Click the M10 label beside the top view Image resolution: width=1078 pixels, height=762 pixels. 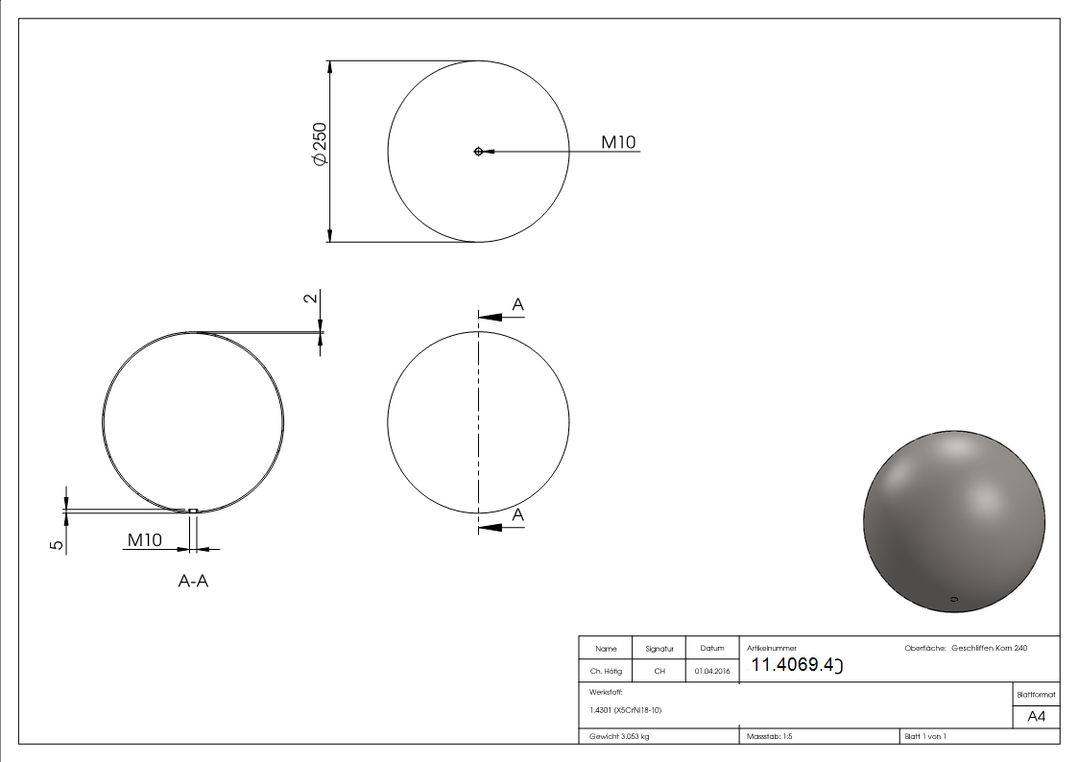pyautogui.click(x=618, y=142)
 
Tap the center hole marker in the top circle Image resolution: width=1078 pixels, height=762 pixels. pyautogui.click(x=478, y=152)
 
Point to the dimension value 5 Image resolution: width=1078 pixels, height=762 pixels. pyautogui.click(x=57, y=544)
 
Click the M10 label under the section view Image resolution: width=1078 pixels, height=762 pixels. pyautogui.click(x=145, y=540)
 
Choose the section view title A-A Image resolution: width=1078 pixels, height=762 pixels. pyautogui.click(x=193, y=582)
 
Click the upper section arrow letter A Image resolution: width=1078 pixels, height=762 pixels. pyautogui.click(x=517, y=304)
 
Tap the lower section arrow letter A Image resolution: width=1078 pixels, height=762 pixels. pyautogui.click(x=517, y=515)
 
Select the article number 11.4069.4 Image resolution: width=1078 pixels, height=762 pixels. pyautogui.click(x=796, y=665)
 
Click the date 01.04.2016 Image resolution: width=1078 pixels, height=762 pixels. pyautogui.click(x=711, y=671)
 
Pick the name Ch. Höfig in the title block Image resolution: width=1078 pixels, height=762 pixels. pyautogui.click(x=606, y=671)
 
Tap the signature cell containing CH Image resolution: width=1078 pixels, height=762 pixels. pyautogui.click(x=659, y=671)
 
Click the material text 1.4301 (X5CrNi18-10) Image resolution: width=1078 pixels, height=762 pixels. pyautogui.click(x=626, y=710)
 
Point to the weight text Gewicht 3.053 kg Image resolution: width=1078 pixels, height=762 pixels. pyautogui.click(x=620, y=736)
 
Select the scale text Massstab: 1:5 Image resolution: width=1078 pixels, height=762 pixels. pyautogui.click(x=770, y=736)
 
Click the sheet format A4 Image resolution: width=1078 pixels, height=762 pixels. pyautogui.click(x=1037, y=717)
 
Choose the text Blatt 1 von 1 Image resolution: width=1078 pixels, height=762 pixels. pyautogui.click(x=925, y=736)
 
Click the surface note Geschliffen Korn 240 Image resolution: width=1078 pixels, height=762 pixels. pyautogui.click(x=989, y=649)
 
